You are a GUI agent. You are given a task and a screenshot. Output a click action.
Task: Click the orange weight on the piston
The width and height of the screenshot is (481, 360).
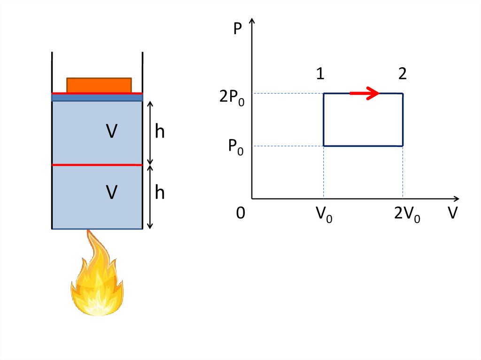[x=99, y=85]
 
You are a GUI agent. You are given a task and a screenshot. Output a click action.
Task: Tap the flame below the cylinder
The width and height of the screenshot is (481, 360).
[x=97, y=277]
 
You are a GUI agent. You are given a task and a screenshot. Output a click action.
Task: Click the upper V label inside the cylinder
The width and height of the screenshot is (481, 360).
[x=111, y=132]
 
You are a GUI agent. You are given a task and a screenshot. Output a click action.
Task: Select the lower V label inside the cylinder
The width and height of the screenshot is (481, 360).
[x=111, y=192]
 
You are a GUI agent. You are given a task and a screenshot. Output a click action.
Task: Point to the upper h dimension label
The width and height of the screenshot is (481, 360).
[x=160, y=132]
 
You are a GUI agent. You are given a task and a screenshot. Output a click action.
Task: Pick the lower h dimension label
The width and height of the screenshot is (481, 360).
[x=160, y=192]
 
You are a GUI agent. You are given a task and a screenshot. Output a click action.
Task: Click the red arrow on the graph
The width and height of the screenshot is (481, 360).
[x=365, y=93]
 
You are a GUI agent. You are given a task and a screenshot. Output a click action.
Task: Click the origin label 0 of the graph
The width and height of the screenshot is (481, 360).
[x=240, y=214]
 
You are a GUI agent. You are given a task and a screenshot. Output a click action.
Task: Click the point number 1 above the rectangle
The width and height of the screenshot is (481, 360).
[x=320, y=74]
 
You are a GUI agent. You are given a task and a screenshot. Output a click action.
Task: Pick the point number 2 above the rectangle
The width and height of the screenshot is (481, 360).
[x=402, y=74]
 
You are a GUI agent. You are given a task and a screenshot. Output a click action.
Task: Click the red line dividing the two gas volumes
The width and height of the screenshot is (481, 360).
[x=97, y=165]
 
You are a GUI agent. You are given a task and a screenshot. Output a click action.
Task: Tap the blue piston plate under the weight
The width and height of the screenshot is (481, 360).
[x=97, y=98]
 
